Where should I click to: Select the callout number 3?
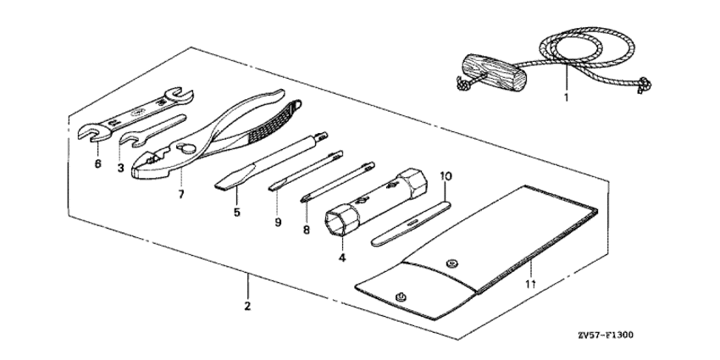click(121, 168)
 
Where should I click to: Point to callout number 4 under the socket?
click(341, 257)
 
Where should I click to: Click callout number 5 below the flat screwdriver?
click(237, 213)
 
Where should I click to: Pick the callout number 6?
click(97, 163)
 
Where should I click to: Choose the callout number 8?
click(305, 228)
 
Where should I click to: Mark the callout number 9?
click(277, 221)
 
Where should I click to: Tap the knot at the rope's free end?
click(645, 84)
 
